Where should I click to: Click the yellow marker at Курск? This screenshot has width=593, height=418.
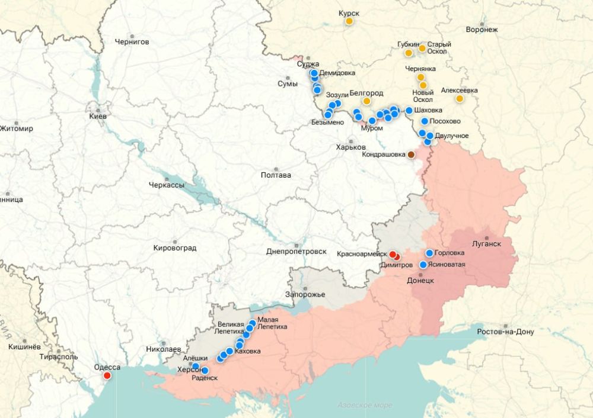pyautogui.click(x=349, y=21)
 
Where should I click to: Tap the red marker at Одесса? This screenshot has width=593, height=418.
pyautogui.click(x=107, y=375)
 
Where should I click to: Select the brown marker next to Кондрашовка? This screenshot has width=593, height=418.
pyautogui.click(x=411, y=155)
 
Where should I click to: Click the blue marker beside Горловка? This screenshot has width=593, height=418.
pyautogui.click(x=429, y=253)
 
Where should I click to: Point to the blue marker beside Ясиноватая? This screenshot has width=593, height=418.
pyautogui.click(x=423, y=265)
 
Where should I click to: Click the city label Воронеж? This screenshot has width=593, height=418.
pyautogui.click(x=482, y=30)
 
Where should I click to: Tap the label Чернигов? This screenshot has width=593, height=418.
pyautogui.click(x=132, y=42)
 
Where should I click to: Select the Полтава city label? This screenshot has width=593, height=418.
pyautogui.click(x=276, y=175)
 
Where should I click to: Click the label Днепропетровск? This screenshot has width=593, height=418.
pyautogui.click(x=296, y=251)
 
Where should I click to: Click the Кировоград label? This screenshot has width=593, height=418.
pyautogui.click(x=174, y=247)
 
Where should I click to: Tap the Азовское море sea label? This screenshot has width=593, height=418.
pyautogui.click(x=364, y=405)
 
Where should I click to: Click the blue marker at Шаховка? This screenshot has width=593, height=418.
pyautogui.click(x=409, y=110)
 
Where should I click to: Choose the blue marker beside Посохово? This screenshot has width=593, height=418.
pyautogui.click(x=425, y=121)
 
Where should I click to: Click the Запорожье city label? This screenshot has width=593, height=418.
pyautogui.click(x=305, y=294)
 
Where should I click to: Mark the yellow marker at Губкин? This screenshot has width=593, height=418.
pyautogui.click(x=409, y=53)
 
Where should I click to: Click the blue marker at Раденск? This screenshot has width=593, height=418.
pyautogui.click(x=205, y=371)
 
